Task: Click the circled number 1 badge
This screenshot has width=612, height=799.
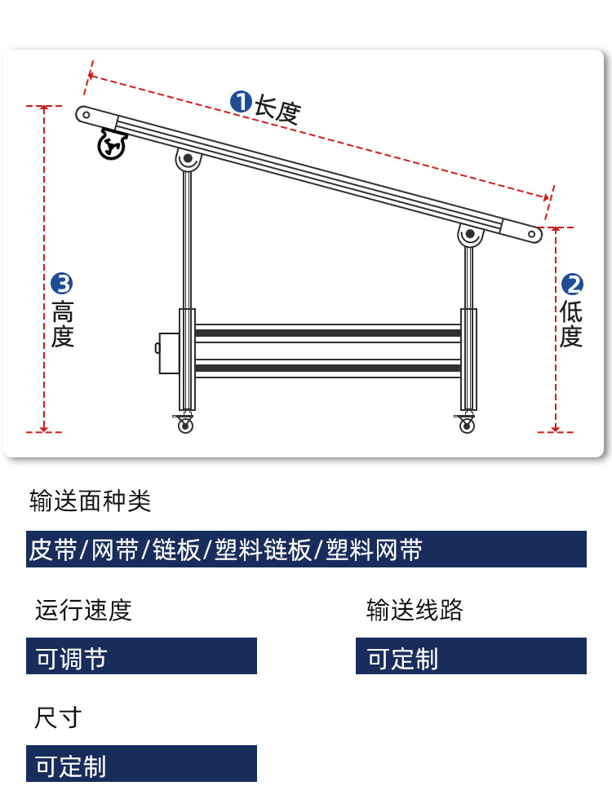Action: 241,102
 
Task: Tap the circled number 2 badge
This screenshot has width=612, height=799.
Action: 572,285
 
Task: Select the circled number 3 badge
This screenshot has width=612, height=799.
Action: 62,284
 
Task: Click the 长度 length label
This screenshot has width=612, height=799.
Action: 277,109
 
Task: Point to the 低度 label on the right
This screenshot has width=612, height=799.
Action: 571,324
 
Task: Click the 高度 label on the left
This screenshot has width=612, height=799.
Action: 63,324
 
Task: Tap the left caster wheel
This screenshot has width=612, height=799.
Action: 184,423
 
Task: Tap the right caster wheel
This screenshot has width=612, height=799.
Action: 466,423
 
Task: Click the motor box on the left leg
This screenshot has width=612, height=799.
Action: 168,352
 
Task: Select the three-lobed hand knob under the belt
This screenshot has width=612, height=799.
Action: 112,144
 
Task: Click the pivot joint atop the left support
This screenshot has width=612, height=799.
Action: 188,159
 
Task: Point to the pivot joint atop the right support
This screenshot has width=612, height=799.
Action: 470,235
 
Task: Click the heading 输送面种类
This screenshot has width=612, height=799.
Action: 91,501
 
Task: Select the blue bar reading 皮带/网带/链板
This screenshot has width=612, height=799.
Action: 306,550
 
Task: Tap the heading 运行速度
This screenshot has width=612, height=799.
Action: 83,610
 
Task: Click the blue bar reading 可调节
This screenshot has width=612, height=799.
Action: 141,656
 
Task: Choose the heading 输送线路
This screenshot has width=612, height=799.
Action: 415,610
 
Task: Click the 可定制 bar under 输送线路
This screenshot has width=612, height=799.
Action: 472,656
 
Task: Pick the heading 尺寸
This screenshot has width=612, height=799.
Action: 58,717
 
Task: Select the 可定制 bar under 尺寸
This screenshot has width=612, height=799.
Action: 141,763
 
